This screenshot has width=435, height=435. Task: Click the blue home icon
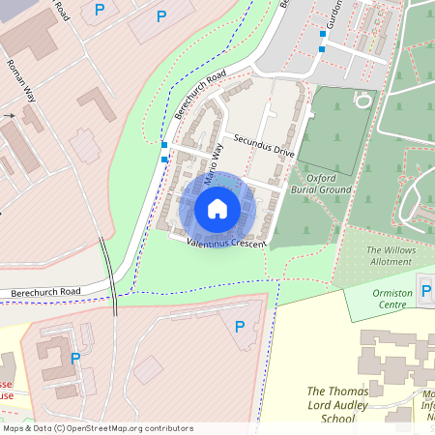(217, 209)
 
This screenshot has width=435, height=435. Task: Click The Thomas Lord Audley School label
(336, 405)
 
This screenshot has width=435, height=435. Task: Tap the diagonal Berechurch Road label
(202, 94)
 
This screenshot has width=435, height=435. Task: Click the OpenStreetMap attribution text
(98, 427)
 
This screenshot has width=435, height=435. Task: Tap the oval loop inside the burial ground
(362, 100)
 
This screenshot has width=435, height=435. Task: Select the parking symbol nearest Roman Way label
(100, 10)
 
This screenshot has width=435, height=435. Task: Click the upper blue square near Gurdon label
(323, 34)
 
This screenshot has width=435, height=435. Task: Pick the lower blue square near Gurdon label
(322, 48)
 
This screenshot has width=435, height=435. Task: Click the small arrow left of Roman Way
(10, 115)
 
